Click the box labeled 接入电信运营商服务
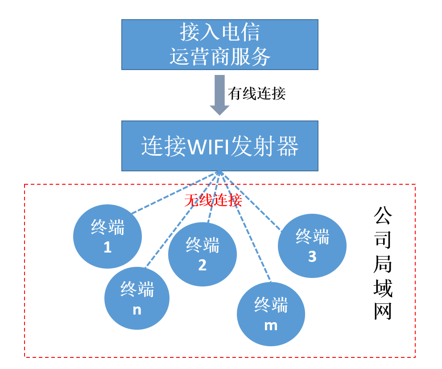(x=219, y=44)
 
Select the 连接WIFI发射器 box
(x=219, y=145)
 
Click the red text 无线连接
(x=213, y=200)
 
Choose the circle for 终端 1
(x=107, y=236)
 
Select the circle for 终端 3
(x=312, y=246)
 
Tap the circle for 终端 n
(x=137, y=298)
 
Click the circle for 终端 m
(x=271, y=314)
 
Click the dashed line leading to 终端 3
(x=252, y=203)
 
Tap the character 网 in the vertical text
(x=383, y=311)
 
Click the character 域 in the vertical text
(x=383, y=288)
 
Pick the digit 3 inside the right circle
(x=312, y=257)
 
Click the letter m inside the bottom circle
(x=271, y=325)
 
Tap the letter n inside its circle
(x=137, y=310)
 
